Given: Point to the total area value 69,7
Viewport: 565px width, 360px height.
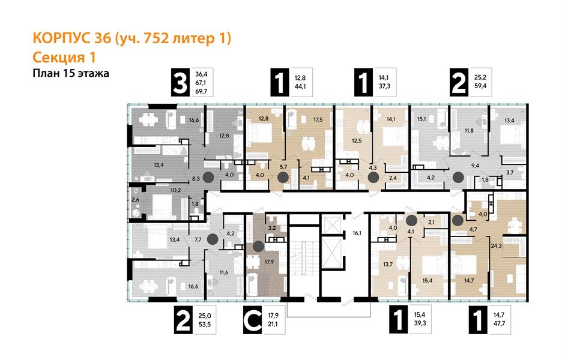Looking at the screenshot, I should pyautogui.click(x=200, y=91).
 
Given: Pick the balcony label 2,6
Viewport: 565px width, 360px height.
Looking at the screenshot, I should pyautogui.click(x=135, y=199).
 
